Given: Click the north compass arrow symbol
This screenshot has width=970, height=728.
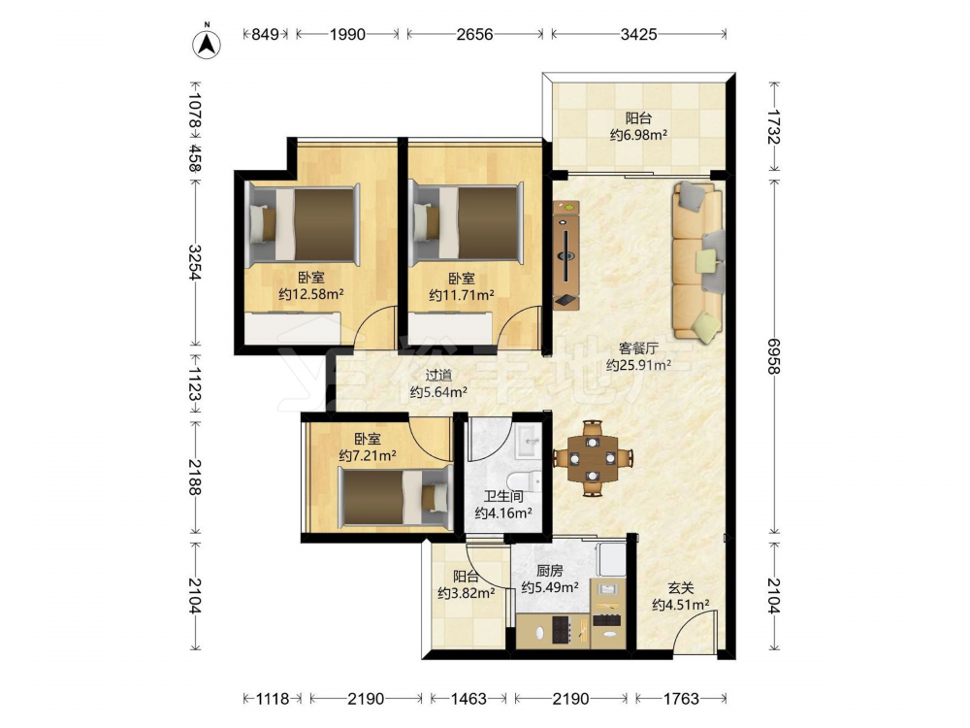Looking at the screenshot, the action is tap(207, 44).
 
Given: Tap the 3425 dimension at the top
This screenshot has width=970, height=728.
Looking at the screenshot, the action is tap(638, 34).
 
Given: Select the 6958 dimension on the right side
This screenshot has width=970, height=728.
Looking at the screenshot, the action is tap(773, 356).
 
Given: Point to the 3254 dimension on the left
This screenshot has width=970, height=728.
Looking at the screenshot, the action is tap(195, 262).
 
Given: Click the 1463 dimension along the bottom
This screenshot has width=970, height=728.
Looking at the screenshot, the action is tap(469, 699).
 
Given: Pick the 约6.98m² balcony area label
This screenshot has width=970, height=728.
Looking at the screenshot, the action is tap(638, 134).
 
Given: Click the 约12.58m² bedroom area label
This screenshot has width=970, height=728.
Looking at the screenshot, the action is tap(311, 294).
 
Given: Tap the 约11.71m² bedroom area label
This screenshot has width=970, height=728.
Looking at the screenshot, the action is tap(462, 295).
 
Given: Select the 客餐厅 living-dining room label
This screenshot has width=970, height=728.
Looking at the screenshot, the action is tap(638, 348).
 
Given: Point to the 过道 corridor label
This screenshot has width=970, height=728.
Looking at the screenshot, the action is tap(438, 375).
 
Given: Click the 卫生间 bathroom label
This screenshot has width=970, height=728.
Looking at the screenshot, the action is tap(503, 496).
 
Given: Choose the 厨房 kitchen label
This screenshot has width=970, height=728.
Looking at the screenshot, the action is tap(549, 571).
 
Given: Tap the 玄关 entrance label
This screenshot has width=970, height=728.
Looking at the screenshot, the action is tap(681, 589).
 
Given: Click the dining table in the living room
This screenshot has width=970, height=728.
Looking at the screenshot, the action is tap(593, 458).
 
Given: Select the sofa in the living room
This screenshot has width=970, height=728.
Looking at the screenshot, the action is tap(698, 262).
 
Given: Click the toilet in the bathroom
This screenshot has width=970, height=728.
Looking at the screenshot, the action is tap(524, 480).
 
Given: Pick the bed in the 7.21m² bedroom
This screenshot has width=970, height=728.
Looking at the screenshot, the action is tap(394, 498).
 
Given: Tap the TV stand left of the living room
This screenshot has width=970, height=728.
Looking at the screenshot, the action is tap(566, 254).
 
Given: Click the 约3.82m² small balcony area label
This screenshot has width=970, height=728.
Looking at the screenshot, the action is tap(467, 593).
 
